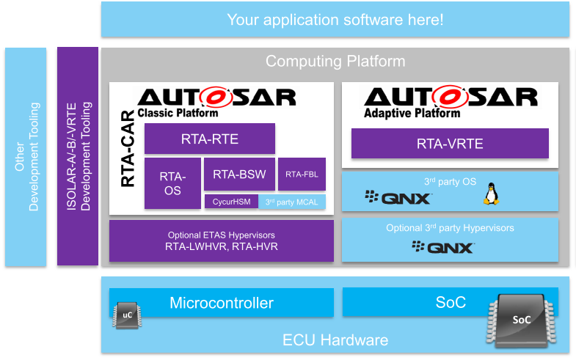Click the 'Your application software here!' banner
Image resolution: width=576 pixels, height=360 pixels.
point(335,20)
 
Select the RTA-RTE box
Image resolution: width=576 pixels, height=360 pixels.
point(209,139)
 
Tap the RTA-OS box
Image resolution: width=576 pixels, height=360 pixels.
point(172,183)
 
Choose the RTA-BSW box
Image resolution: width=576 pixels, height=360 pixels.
point(239,175)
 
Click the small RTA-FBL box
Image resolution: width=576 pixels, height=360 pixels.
point(302,175)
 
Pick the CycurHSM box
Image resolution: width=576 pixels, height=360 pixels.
point(230,202)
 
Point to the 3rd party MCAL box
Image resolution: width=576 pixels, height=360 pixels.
point(292,202)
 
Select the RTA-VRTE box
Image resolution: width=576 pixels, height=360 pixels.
point(450,144)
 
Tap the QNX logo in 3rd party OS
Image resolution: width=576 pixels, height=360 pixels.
point(398,197)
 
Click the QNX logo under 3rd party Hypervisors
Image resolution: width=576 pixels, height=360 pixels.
point(442,247)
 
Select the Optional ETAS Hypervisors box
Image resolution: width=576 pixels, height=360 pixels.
point(221,241)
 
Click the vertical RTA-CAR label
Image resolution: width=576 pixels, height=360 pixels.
point(126,150)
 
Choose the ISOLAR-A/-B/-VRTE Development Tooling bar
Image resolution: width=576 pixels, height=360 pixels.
point(78,156)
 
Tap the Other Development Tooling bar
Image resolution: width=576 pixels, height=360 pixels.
point(26,156)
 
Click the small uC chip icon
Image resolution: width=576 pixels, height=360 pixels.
point(126,316)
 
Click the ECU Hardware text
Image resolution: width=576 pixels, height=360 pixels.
point(335,340)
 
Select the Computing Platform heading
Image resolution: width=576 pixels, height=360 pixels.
point(335,62)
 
